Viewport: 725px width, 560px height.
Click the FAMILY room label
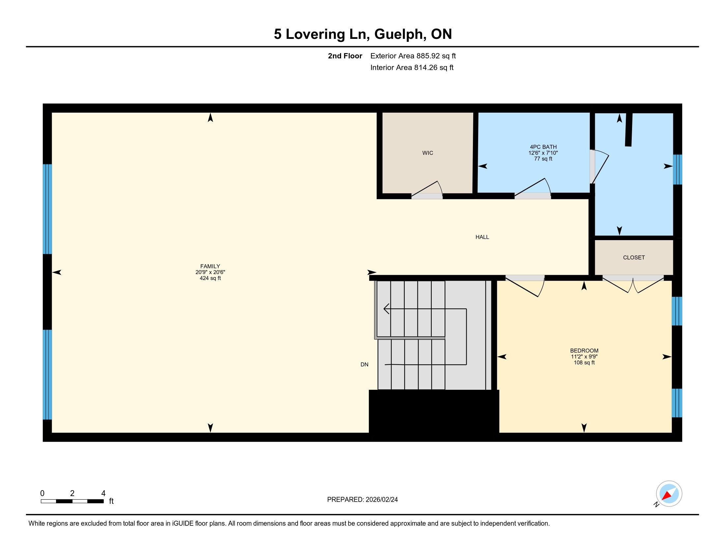(210, 266)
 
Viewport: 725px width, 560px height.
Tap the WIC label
(427, 153)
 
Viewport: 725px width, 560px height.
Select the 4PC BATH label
(543, 147)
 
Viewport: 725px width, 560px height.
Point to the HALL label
(482, 237)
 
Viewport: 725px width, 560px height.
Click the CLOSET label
(634, 258)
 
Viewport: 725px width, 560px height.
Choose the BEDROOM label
(584, 351)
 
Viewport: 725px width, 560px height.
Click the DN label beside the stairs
(364, 365)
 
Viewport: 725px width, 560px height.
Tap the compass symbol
(669, 494)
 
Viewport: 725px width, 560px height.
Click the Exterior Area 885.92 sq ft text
(413, 56)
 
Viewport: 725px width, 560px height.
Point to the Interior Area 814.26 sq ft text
(412, 68)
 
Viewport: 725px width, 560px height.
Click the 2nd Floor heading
(345, 56)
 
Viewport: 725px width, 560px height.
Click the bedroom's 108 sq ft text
(584, 363)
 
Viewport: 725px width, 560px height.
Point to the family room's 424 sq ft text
(210, 278)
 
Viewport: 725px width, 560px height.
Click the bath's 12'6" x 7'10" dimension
(543, 153)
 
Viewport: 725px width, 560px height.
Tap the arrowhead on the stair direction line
(386, 309)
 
